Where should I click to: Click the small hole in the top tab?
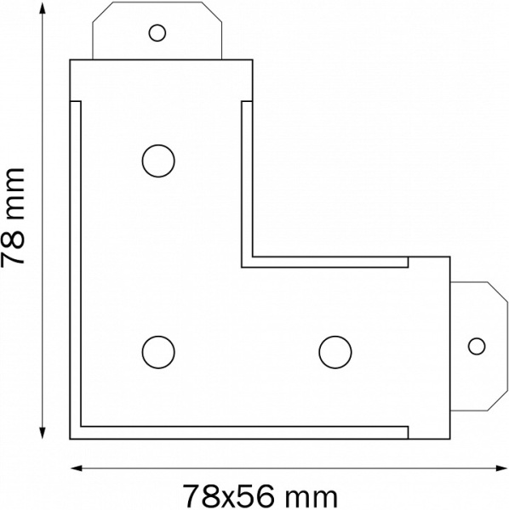[157, 33]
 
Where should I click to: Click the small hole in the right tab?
[477, 346]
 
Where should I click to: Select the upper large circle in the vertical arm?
[158, 161]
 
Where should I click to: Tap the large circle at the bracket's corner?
[158, 352]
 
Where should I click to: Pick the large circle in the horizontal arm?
[335, 352]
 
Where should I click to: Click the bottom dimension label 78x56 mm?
[260, 496]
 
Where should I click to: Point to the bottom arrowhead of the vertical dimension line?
[43, 433]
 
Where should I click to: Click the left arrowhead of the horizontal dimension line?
[77, 468]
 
